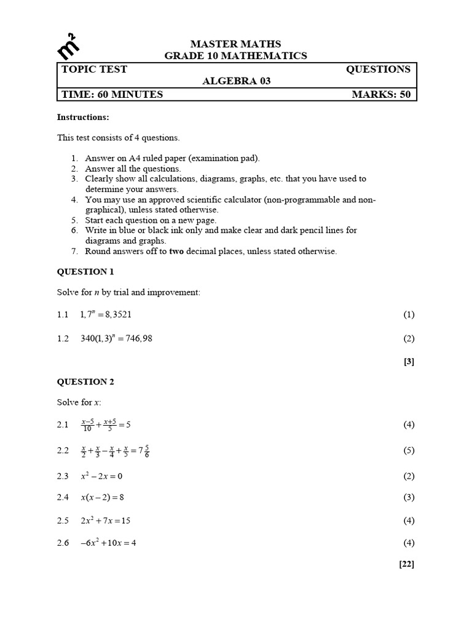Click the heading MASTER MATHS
point(235,44)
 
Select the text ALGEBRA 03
point(236,81)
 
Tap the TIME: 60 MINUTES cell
point(112,94)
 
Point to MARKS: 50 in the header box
point(380,94)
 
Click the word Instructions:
point(83,117)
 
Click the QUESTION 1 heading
point(85,271)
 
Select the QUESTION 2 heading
point(85,381)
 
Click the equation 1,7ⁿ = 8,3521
point(106,314)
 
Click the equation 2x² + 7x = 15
point(106,520)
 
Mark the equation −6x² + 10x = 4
point(108,543)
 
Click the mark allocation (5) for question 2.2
point(409,450)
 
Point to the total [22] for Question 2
point(407,564)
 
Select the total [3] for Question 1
point(409,362)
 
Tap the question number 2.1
point(63,425)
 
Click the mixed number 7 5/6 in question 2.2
point(143,451)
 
